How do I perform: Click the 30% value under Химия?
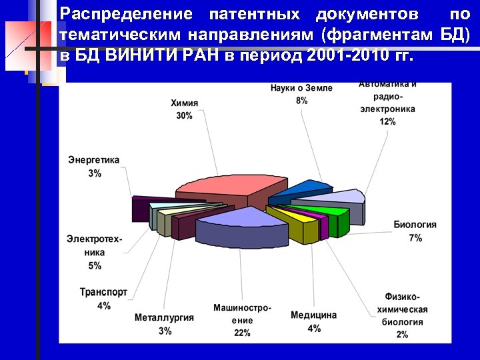coord(185,115)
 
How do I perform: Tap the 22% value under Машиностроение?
coord(242,333)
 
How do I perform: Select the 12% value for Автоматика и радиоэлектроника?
coord(387,121)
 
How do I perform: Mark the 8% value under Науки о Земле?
coord(302,101)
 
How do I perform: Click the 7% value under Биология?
coord(415,237)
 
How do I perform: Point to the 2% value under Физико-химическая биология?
coord(402,334)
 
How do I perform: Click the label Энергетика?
coord(94,160)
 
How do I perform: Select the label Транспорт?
coord(103,293)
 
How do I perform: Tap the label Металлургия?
coord(164,317)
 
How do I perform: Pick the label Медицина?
coord(313,315)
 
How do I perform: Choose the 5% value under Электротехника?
coord(95,265)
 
